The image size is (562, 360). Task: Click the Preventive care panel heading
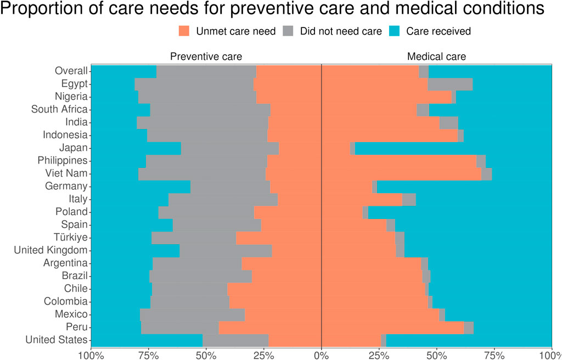point(206,57)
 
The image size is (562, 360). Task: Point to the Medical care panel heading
point(436,57)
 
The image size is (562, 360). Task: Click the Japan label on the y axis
point(74,148)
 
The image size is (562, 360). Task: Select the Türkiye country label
point(71,238)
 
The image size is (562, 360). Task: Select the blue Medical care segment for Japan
point(453,148)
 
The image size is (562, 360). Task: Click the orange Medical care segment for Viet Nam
point(401,173)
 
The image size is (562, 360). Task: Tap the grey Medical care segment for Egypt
point(450,84)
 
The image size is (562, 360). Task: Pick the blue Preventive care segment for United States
point(147,340)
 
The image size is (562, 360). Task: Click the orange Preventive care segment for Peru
point(269,328)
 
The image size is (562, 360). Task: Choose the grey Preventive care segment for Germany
point(230,187)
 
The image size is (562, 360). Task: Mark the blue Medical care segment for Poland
point(459,212)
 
